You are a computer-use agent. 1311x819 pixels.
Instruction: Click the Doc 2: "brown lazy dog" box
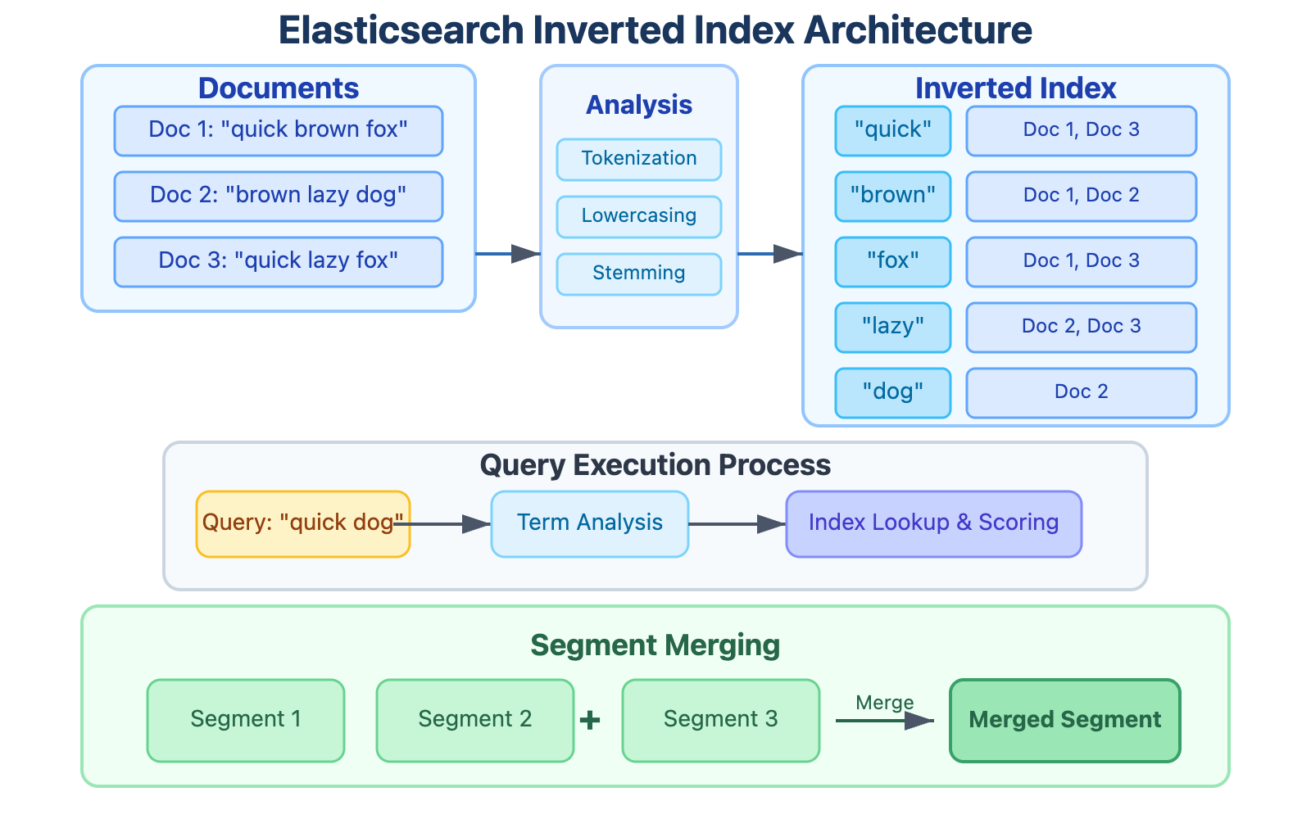pos(279,196)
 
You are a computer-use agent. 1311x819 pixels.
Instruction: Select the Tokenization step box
pos(638,159)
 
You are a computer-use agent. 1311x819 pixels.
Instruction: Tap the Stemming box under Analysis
pos(638,274)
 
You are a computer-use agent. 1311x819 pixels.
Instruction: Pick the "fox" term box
pos(892,261)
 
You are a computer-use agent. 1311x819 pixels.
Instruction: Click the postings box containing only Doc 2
pos(1081,392)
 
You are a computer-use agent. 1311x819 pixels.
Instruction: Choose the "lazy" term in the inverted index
pos(892,327)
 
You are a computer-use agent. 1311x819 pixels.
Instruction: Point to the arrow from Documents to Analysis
pos(508,254)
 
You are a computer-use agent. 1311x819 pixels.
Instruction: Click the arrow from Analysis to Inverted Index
pos(770,254)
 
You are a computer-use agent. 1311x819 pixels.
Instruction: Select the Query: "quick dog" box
pos(302,523)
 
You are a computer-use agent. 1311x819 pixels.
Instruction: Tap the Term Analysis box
pos(589,523)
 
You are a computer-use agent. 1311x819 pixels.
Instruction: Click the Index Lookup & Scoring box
pos(933,523)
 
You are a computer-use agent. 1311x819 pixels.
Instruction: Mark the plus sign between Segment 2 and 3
pos(590,720)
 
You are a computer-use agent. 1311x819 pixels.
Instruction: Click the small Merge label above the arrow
pos(884,703)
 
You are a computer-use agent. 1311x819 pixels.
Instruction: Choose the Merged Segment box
pos(1064,720)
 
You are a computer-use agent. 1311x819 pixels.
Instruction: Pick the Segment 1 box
pos(245,720)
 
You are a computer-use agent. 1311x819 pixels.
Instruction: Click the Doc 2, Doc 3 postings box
pos(1081,327)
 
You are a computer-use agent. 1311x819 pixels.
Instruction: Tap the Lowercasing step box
pos(638,216)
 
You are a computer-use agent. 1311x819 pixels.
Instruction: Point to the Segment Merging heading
pos(655,645)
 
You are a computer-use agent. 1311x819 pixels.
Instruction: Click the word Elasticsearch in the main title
pos(401,31)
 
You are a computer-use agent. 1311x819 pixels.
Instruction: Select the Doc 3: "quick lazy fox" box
pos(279,261)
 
